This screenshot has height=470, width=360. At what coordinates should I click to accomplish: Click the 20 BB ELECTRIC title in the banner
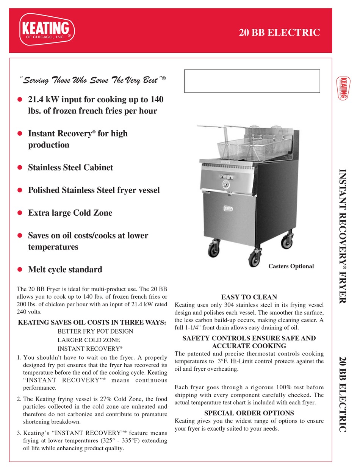coord(279,33)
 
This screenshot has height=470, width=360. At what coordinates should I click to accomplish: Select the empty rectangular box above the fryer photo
coord(252,81)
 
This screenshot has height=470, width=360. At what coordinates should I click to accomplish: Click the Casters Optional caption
coord(291,266)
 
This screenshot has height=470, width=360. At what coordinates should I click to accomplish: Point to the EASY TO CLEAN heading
coord(249,297)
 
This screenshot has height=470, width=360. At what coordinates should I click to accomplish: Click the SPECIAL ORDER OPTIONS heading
coord(249,413)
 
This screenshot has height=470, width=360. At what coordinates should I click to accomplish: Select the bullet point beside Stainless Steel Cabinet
coord(20,168)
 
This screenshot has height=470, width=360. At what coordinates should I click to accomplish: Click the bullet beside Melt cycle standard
coord(20,269)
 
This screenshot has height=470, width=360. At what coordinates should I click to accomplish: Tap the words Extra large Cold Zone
coord(70,213)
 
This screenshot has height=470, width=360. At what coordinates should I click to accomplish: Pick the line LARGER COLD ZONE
coord(89,340)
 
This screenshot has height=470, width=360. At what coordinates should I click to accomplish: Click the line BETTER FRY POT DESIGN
coord(95,331)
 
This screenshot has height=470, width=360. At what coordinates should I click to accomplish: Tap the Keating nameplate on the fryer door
coord(228,208)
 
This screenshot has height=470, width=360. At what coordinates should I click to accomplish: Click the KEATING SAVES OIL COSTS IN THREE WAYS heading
coord(92,323)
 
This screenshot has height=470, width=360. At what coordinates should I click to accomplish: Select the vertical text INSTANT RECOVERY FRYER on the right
coord(342,235)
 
